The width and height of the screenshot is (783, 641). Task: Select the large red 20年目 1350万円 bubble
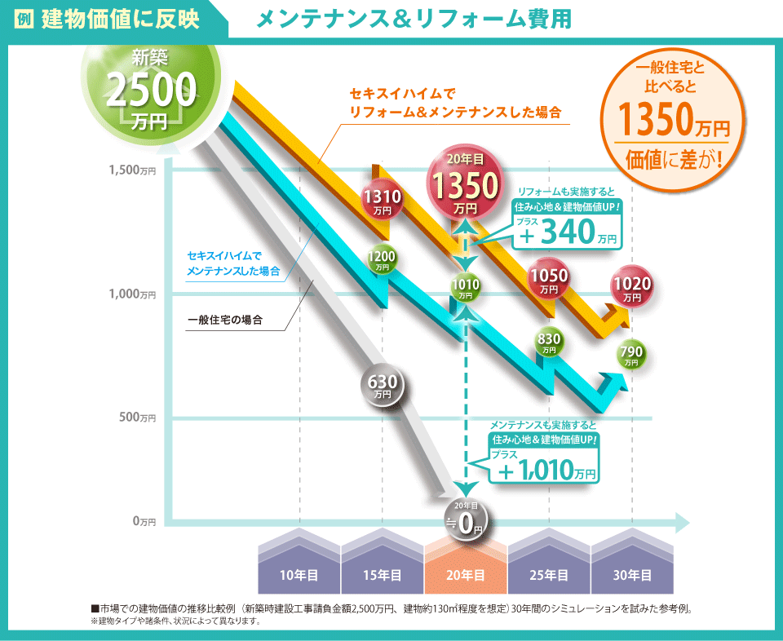pyautogui.click(x=465, y=186)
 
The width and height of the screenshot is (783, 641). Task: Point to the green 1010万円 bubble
pyautogui.click(x=465, y=287)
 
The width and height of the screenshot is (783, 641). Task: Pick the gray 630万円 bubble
pyautogui.click(x=383, y=385)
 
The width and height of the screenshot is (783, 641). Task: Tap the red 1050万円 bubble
pyautogui.click(x=549, y=280)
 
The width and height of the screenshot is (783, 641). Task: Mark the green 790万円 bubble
pyautogui.click(x=632, y=355)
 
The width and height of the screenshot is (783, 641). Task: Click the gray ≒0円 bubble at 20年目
pyautogui.click(x=465, y=521)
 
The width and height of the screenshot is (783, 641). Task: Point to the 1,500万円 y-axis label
pyautogui.click(x=132, y=170)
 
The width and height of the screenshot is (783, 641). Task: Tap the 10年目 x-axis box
pyautogui.click(x=299, y=575)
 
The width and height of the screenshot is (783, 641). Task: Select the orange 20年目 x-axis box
pyautogui.click(x=465, y=575)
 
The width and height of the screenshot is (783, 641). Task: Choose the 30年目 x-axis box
pyautogui.click(x=632, y=575)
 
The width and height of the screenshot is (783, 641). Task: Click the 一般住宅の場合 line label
pyautogui.click(x=224, y=320)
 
